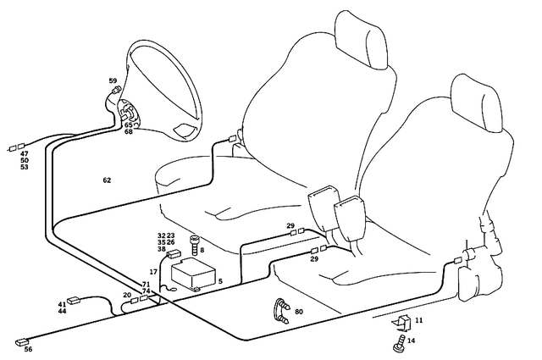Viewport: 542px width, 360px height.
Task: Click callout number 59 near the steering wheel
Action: pos(113,80)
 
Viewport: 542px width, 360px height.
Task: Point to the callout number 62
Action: pos(107,180)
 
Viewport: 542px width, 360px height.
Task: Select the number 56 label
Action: pos(28,350)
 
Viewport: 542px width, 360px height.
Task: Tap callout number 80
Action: pos(299,312)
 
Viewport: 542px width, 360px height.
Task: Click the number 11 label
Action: pos(418,320)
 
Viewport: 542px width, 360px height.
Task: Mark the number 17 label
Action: pos(154,272)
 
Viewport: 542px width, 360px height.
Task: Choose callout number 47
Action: pos(25,153)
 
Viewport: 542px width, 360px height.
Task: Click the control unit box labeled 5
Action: pos(193,275)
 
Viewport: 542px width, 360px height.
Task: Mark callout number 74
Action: pos(147,291)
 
